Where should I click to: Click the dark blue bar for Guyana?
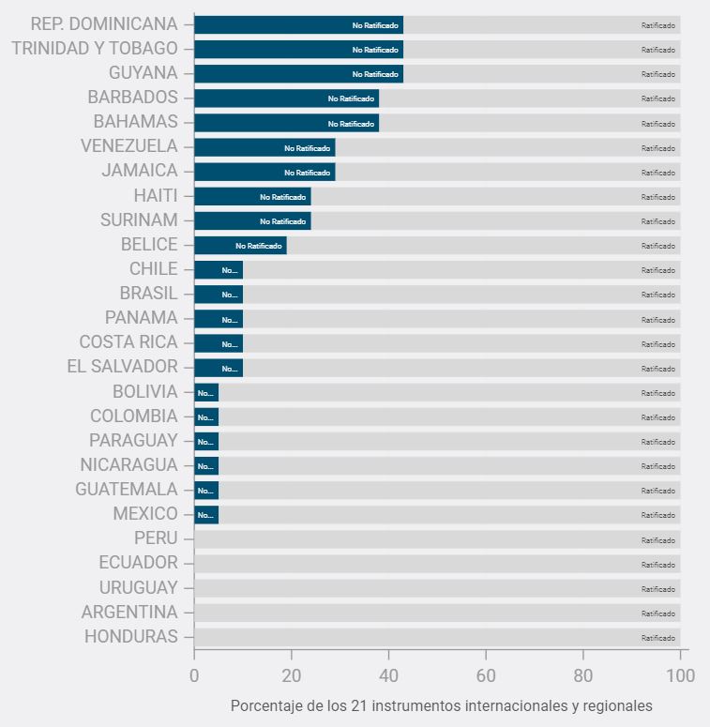coord(298,73)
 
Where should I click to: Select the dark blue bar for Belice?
coord(240,245)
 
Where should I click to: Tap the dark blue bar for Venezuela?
coord(264,147)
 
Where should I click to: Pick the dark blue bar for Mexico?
coord(206,514)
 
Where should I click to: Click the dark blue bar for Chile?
coord(219,269)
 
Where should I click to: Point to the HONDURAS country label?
coord(131,637)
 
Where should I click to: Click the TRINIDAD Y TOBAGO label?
coord(95,49)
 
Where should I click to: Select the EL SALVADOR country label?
coord(123,367)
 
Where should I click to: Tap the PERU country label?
coord(156,538)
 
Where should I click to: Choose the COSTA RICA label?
coord(128,342)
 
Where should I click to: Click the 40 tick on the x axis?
coord(388,674)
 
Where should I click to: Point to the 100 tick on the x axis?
coord(680,674)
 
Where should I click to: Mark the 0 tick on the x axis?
coord(194,674)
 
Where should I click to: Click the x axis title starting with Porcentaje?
coord(441,705)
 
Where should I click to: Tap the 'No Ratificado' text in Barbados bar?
coord(351,98)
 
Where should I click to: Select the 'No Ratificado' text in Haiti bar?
coord(283,197)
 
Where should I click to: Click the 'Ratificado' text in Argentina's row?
coord(658,613)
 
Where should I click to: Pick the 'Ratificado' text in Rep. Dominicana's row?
coord(658,25)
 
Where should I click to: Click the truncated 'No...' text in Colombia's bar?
coord(205,417)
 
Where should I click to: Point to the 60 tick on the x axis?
coord(486,674)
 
